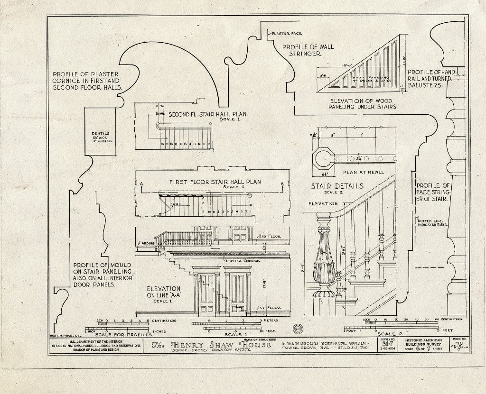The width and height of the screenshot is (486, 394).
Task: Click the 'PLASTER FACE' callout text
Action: tap(288, 34)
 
